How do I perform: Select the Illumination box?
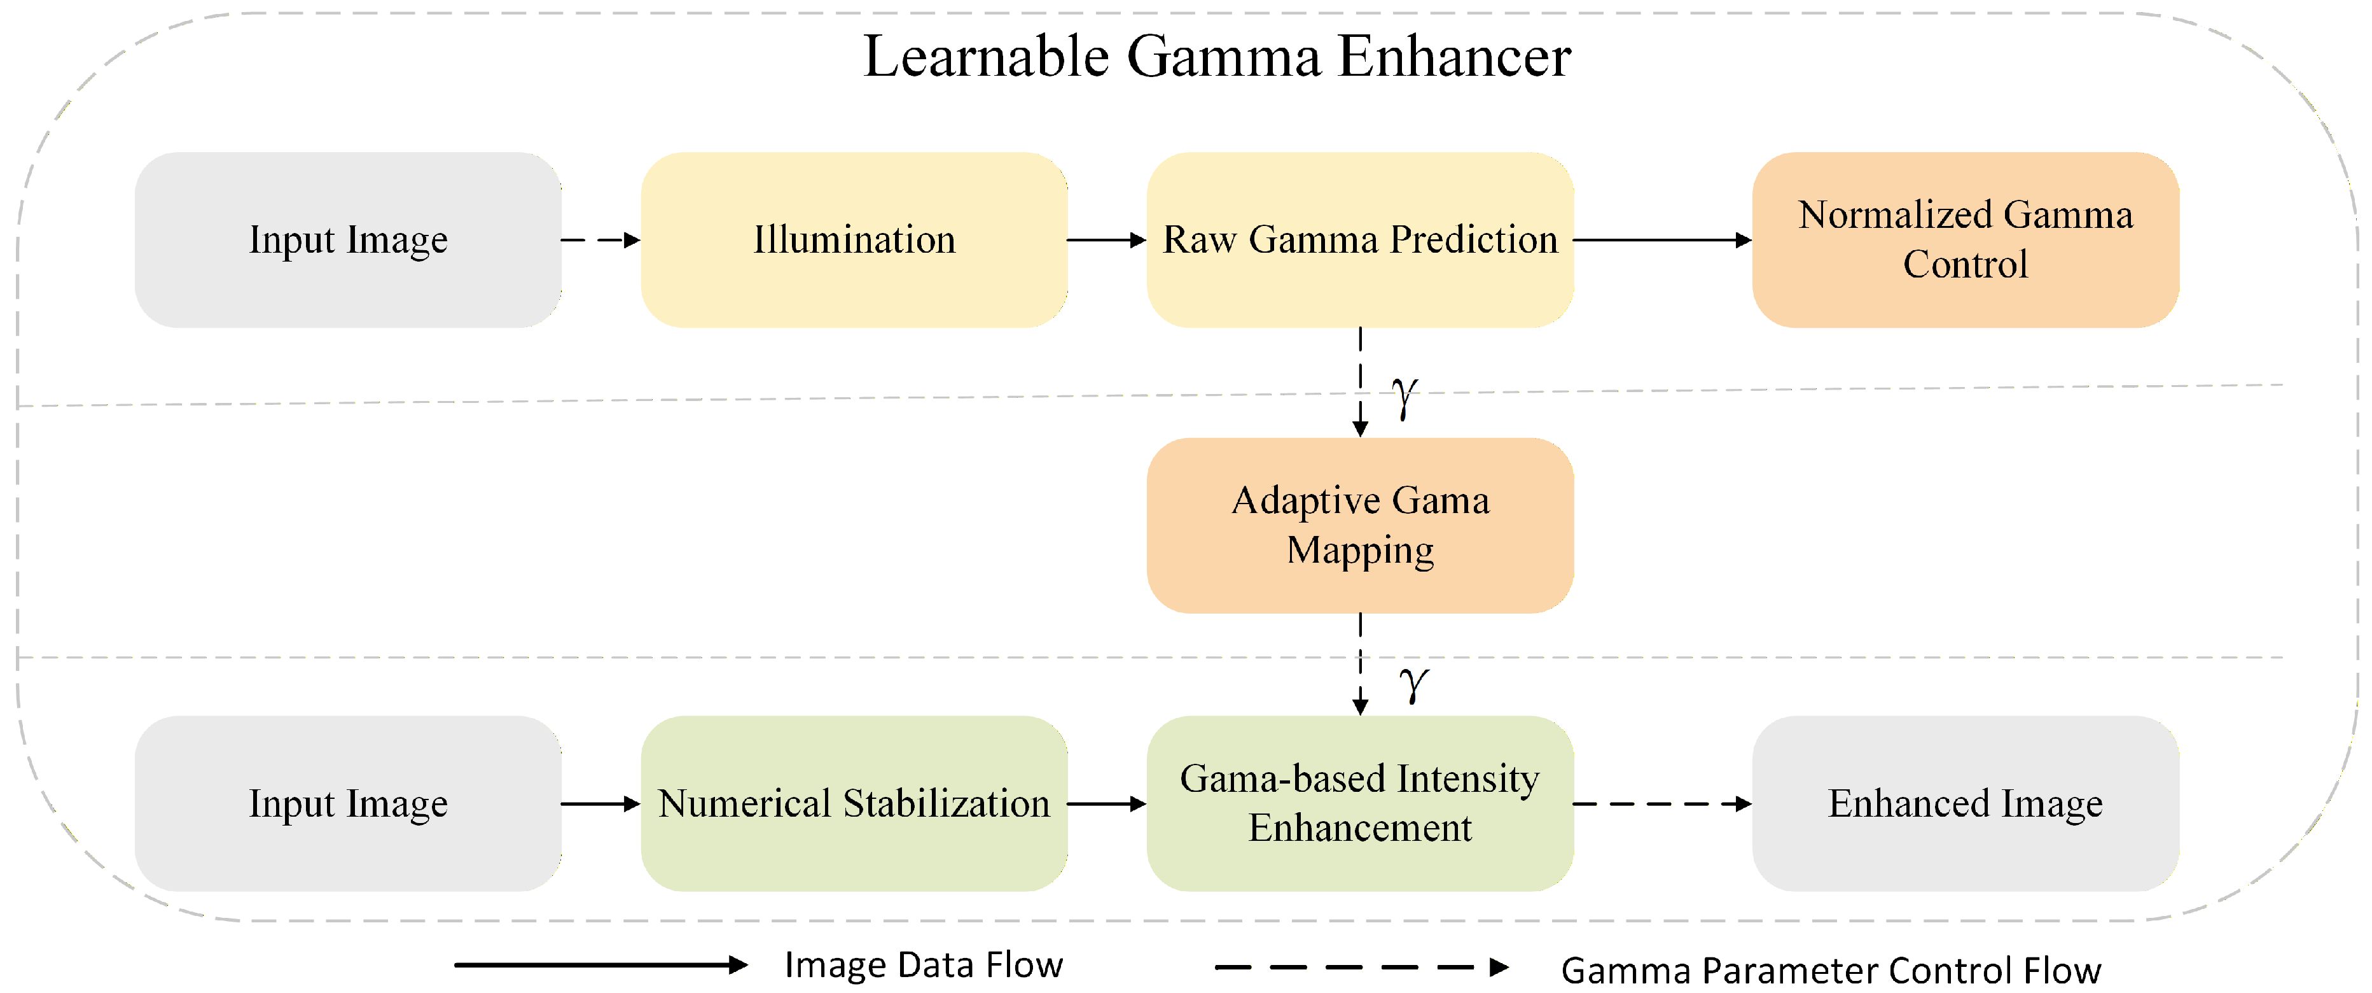854,239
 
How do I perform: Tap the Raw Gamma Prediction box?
1359,239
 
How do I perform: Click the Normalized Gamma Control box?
1964,239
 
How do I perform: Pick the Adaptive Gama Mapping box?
1359,525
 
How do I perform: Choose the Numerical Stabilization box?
854,803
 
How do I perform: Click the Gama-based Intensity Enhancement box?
1359,803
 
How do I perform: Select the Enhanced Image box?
1964,803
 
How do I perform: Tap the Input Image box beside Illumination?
348,239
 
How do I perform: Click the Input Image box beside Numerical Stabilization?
348,803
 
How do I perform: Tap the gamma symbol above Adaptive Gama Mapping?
1403,397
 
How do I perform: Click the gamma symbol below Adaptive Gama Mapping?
1413,684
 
